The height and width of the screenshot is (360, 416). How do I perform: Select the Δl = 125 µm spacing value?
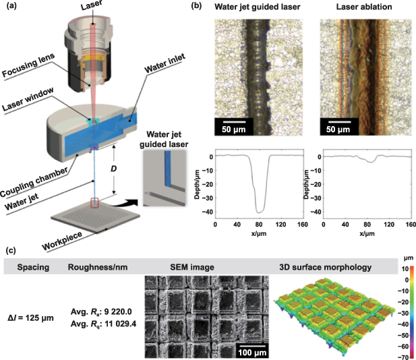click(34, 305)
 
